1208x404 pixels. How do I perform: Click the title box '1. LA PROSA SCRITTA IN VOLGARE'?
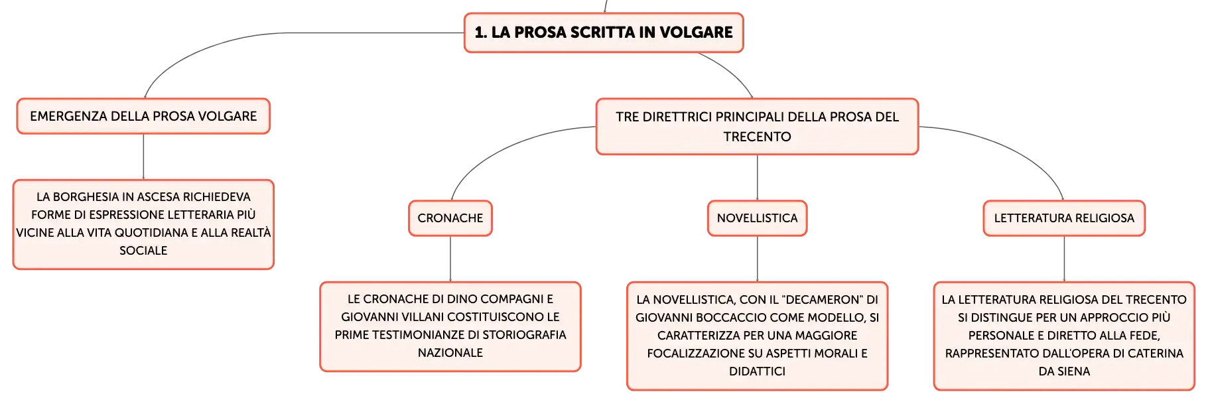(x=604, y=33)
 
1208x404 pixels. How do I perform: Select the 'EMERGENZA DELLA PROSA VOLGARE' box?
(x=143, y=116)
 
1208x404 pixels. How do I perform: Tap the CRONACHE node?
(x=450, y=218)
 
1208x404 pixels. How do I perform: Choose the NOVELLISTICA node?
(x=757, y=218)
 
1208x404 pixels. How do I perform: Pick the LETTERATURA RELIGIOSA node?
(x=1064, y=218)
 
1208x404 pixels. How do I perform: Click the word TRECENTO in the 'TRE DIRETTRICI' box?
(x=757, y=137)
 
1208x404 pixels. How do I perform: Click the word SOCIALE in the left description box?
(x=143, y=251)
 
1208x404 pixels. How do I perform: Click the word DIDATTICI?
(x=757, y=371)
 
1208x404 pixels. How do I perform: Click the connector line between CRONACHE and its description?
(x=450, y=259)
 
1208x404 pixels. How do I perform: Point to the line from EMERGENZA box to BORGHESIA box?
(x=143, y=157)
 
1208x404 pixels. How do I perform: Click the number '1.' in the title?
(x=481, y=33)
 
